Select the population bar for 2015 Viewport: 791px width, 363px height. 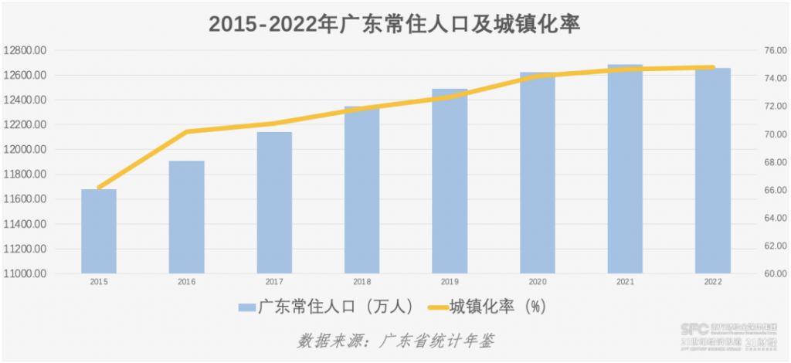(99, 231)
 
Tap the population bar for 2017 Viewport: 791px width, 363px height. (274, 202)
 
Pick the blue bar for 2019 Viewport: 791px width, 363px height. (450, 181)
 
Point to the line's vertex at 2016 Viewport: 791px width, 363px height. (186, 132)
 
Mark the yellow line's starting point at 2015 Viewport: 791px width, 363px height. (99, 188)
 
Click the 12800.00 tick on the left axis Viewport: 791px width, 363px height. (26, 50)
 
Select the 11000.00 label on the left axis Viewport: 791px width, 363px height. (26, 273)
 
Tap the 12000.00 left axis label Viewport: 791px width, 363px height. (26, 150)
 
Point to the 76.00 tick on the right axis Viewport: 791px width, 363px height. (773, 50)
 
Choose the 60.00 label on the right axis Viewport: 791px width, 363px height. (773, 273)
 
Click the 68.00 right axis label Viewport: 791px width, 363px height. (773, 162)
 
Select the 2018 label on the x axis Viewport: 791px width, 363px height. (362, 283)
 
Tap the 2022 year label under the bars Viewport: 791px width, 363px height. (712, 283)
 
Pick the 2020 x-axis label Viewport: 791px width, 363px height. (537, 283)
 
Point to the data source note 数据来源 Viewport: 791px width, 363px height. (395, 341)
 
